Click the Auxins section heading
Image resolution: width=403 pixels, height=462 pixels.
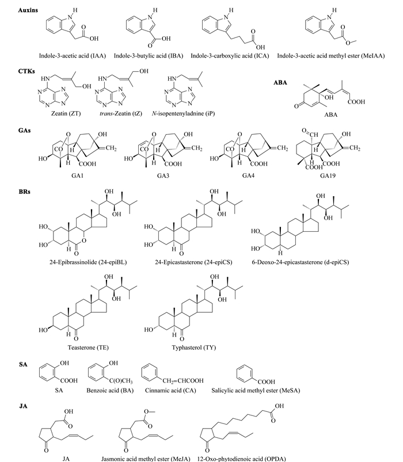point(28,10)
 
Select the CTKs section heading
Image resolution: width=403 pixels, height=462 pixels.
point(26,71)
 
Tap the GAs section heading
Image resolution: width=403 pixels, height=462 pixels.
point(25,130)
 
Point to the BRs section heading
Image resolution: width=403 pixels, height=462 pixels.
point(25,192)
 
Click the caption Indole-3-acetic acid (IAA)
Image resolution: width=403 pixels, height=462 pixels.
point(72,56)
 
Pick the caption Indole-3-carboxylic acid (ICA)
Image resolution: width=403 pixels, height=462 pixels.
point(230,56)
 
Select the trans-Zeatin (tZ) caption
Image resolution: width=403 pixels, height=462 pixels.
point(120,113)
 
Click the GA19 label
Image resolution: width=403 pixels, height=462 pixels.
point(328,175)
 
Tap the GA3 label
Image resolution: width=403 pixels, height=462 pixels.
point(163,175)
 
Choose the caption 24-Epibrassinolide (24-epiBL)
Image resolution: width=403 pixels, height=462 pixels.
point(88,262)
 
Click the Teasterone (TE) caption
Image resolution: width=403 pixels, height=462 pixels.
point(88,348)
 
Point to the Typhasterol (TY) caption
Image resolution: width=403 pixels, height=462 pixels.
point(193,348)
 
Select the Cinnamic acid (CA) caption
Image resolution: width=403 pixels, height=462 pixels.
point(170,391)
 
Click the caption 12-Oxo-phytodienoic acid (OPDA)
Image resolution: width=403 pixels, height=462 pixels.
point(241,459)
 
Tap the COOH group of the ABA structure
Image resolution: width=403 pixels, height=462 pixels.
point(356,102)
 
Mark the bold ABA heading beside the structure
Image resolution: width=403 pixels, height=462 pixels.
point(280,82)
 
